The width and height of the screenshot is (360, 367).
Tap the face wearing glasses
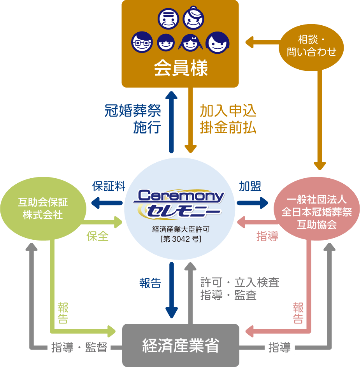(x=141, y=42)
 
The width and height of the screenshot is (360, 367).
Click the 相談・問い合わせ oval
(x=311, y=46)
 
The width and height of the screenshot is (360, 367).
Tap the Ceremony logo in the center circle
(x=180, y=202)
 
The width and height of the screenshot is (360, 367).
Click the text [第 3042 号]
(x=180, y=239)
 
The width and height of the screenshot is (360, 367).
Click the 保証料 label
(x=109, y=186)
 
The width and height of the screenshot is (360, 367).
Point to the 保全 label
(x=98, y=236)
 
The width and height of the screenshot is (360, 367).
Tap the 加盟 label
(x=250, y=186)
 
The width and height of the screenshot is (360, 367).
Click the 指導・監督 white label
(x=79, y=347)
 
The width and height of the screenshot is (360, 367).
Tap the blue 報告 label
(x=150, y=283)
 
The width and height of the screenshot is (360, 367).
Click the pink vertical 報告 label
(x=298, y=313)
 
